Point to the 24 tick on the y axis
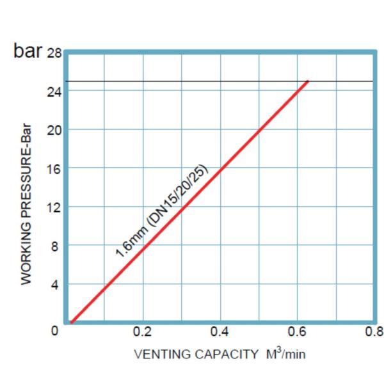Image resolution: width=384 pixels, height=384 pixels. coord(54,91)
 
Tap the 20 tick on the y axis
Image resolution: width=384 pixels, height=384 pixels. coord(54,130)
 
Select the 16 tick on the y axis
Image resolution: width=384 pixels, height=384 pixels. coord(54,168)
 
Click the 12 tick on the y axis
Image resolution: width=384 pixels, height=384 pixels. coord(54,207)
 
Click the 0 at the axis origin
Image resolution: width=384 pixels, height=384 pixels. coord(56,331)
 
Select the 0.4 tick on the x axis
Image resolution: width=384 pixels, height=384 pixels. coord(220,332)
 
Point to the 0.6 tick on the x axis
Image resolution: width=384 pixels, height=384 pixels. coord(297,332)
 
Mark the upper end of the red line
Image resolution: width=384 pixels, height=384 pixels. coord(308,81)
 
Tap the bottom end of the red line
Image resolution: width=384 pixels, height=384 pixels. coord(71,323)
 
